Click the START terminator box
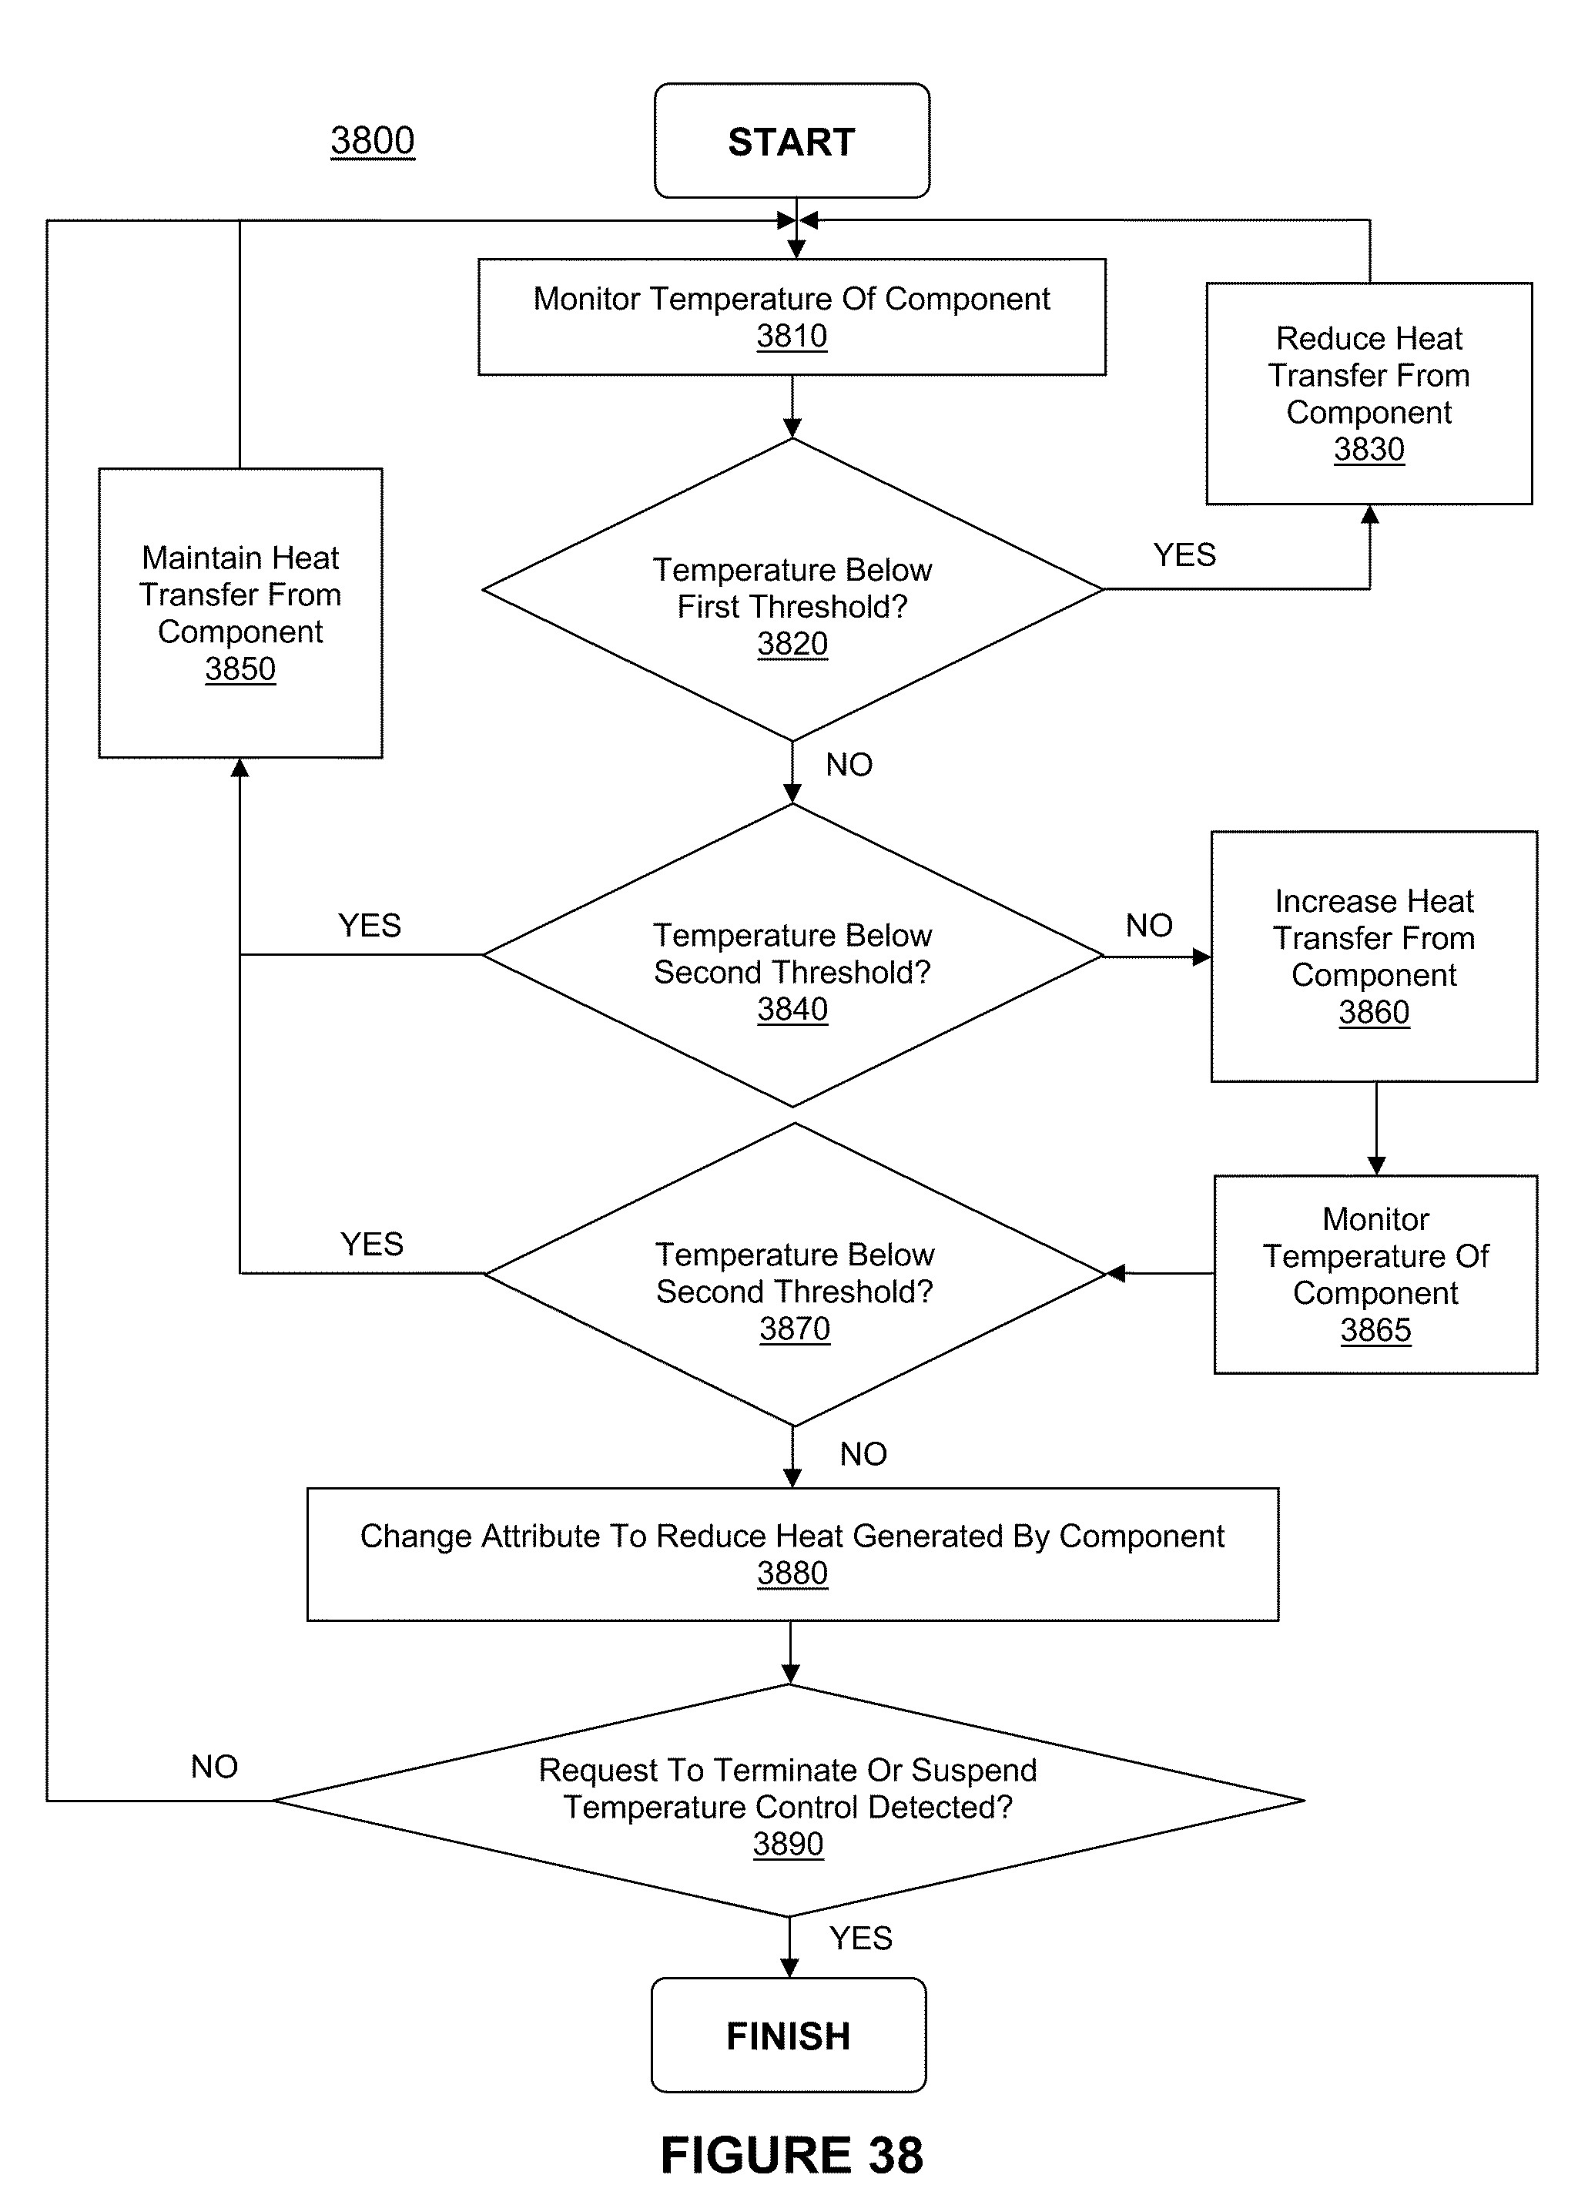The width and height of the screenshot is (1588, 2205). click(792, 141)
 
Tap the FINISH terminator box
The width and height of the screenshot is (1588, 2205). click(789, 2035)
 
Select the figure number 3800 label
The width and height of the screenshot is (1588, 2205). click(373, 140)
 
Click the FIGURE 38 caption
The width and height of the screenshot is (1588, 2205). click(792, 2156)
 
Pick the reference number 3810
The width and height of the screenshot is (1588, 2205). click(792, 337)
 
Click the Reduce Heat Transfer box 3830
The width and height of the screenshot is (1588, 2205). click(1369, 394)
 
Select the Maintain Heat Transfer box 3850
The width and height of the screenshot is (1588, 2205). click(240, 612)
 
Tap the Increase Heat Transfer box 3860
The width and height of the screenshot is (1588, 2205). click(1374, 957)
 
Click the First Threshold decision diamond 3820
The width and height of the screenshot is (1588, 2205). click(792, 589)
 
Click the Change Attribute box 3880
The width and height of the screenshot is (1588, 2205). click(792, 1554)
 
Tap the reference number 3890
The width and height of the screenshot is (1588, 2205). click(788, 1845)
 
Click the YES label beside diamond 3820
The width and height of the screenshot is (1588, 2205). click(1184, 555)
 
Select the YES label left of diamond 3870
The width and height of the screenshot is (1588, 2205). click(371, 1245)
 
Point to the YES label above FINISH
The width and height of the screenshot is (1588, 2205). click(860, 1938)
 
